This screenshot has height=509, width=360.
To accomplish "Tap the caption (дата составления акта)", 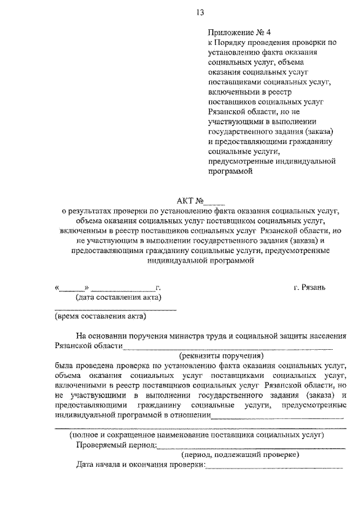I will pyautogui.click(x=119, y=297).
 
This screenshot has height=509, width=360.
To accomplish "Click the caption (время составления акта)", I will pyautogui.click(x=101, y=316).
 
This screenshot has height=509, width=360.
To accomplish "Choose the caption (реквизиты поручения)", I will pyautogui.click(x=221, y=355).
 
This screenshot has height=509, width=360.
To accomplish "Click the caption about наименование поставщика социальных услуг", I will pyautogui.click(x=196, y=435).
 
